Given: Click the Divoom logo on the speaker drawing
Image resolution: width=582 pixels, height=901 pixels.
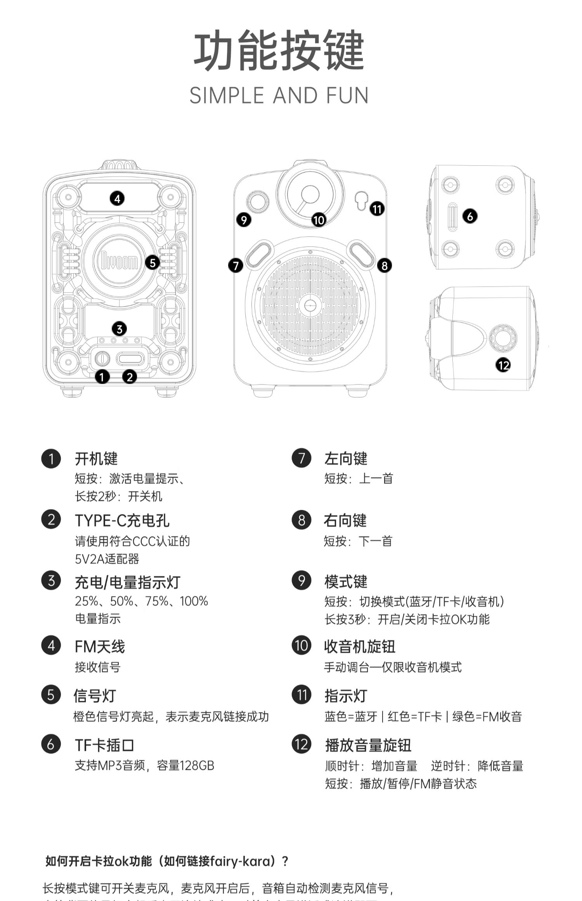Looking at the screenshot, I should [119, 261].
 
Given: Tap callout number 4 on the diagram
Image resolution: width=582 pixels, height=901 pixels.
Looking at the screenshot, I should [117, 199].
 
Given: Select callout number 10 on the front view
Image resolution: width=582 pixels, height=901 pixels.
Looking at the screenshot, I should [319, 220].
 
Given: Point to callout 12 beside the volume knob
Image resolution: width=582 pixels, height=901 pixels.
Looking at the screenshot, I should [503, 365].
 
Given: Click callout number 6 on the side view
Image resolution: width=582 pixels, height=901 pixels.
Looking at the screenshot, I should [470, 216].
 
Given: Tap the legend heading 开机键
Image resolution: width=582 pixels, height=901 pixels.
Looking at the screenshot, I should [96, 459].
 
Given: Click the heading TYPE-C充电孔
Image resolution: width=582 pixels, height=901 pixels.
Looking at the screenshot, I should [122, 521].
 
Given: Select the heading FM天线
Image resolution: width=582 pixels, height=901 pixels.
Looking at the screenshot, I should [100, 647].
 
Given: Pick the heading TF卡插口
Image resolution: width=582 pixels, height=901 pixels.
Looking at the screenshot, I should [105, 745].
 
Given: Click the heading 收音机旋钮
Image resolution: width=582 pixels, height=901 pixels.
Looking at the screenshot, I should [360, 647].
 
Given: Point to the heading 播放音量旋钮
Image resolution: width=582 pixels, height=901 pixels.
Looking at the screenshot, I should [368, 745].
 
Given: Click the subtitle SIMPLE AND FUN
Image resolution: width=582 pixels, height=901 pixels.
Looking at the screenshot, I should [279, 95].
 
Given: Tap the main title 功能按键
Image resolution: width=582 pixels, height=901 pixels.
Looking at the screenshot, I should [279, 51].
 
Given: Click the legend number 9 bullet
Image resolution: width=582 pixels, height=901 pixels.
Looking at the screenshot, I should [301, 581].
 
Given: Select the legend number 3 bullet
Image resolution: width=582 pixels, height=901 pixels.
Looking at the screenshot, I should [51, 581].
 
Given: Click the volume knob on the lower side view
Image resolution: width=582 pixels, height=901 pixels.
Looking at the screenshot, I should [503, 337].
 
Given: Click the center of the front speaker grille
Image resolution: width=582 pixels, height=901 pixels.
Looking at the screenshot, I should [310, 305].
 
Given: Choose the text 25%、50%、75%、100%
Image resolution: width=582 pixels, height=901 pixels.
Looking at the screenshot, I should [141, 601].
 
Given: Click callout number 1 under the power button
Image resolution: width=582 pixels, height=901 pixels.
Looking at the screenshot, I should [102, 376].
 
